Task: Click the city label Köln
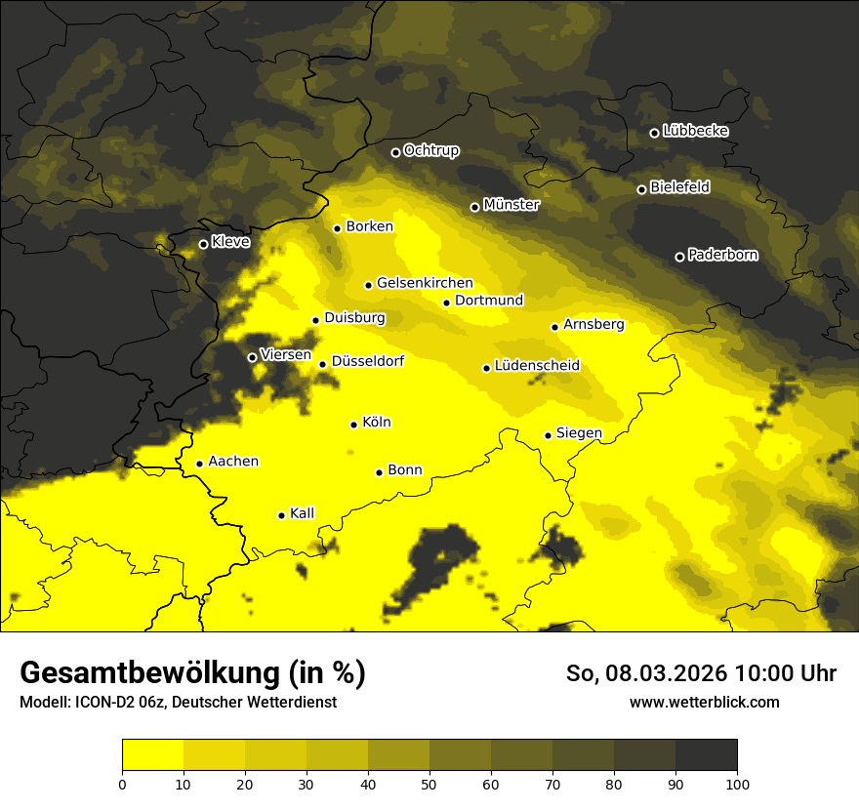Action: (377, 423)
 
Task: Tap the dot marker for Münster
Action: (475, 207)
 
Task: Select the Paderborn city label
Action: (722, 255)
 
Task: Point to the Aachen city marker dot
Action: (199, 464)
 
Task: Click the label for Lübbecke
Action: (695, 131)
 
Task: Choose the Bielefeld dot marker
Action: (641, 189)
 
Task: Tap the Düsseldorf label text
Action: (367, 361)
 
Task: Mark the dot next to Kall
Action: (281, 515)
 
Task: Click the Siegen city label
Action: (579, 432)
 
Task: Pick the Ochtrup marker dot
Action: (395, 152)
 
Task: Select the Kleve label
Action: (230, 242)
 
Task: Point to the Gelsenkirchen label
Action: (425, 283)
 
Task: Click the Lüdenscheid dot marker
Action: (486, 368)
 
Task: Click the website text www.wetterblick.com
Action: (705, 702)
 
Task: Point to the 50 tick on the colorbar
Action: (429, 783)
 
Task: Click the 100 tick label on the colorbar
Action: (737, 783)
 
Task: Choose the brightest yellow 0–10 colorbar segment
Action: (152, 754)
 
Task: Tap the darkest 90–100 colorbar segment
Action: (706, 754)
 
